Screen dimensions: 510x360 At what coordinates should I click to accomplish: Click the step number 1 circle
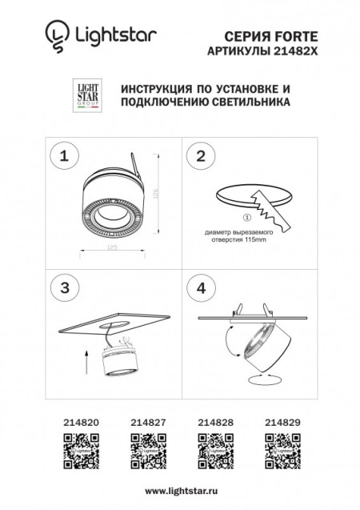[x=63, y=156]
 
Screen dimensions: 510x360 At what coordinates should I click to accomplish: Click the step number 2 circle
[x=201, y=156]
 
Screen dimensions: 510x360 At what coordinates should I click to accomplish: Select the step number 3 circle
[x=63, y=286]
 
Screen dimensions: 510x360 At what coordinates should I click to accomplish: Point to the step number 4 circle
[x=201, y=286]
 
